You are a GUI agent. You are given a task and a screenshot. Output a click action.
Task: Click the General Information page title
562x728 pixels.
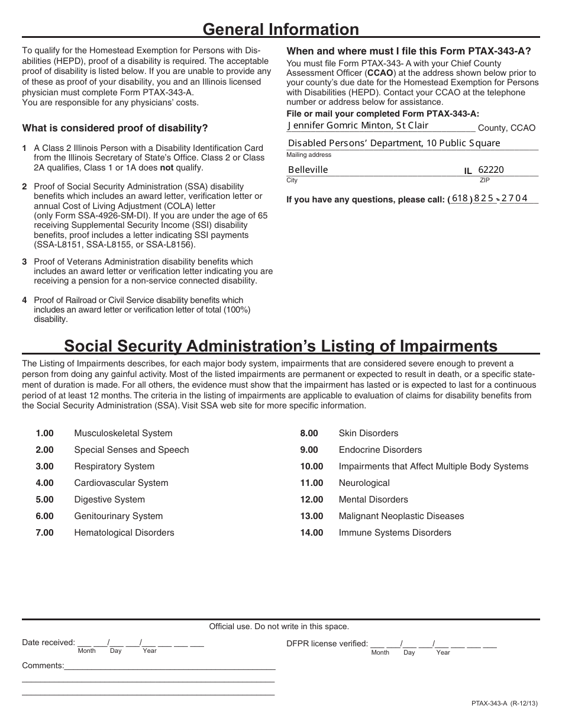[x=280, y=30]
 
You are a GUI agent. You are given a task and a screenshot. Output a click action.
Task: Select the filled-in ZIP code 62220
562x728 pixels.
[x=490, y=170]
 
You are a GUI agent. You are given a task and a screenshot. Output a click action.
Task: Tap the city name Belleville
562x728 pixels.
[x=308, y=170]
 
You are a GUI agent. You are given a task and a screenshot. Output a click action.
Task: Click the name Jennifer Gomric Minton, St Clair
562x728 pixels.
[x=357, y=125]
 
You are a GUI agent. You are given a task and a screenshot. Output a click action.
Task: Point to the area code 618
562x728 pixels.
[x=460, y=199]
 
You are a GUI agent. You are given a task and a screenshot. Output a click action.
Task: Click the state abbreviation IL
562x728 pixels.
[x=468, y=171]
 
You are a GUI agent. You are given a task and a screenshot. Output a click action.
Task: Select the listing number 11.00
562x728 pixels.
[x=312, y=483]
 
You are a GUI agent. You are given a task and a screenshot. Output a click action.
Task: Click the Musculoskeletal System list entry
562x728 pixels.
[x=123, y=433]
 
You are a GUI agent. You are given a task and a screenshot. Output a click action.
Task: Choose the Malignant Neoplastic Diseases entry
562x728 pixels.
[x=401, y=516]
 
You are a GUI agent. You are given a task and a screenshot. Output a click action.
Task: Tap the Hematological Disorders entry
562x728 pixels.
[x=124, y=533]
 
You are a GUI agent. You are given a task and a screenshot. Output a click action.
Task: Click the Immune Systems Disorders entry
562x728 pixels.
[x=395, y=533]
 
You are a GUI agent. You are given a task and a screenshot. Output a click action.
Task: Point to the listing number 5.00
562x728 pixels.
[x=44, y=500]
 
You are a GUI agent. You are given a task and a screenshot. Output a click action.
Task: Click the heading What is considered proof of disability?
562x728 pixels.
[x=115, y=128]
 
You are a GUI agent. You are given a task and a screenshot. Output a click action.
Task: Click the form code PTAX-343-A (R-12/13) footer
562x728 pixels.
[x=505, y=704]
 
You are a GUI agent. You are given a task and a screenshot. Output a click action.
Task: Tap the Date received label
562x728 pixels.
[x=48, y=643]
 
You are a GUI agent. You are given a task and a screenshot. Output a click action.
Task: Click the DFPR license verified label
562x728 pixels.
[x=327, y=643]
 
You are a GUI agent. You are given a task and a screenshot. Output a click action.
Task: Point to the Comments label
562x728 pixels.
[x=43, y=666]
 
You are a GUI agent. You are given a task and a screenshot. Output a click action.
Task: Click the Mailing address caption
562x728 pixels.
[x=309, y=155]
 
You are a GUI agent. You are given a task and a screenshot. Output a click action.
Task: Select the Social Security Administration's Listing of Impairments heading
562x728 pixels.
[x=280, y=346]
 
